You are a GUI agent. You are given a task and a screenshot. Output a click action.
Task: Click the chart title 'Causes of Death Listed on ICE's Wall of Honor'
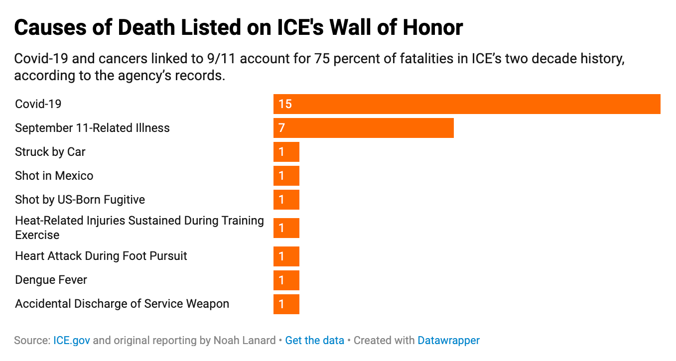(239, 28)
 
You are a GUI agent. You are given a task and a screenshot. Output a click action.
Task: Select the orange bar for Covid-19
(467, 104)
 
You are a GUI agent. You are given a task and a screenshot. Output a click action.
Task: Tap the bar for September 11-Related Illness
(364, 128)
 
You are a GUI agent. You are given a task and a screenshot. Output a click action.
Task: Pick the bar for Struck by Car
(286, 152)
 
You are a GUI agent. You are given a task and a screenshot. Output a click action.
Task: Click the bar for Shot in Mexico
(286, 176)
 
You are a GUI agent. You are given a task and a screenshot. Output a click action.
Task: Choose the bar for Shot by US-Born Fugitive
(286, 200)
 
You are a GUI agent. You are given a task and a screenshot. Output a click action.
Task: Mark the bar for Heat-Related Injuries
(286, 228)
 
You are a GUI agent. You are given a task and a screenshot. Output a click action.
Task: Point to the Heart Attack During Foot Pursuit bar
(286, 256)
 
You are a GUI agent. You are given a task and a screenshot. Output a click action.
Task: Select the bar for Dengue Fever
(286, 280)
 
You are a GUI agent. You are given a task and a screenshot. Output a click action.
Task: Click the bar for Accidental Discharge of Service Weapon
(286, 304)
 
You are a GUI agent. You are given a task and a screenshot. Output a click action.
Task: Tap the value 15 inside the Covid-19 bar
(285, 104)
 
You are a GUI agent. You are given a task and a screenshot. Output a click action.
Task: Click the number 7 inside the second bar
(281, 128)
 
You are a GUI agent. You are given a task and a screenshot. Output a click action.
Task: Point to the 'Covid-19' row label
(38, 104)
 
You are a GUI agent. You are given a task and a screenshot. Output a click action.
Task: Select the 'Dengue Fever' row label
(51, 280)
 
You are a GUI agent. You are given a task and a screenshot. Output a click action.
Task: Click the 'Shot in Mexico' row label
(54, 176)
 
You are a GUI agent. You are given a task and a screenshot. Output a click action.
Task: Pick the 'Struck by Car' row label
(50, 152)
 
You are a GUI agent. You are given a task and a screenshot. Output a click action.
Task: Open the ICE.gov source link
(72, 341)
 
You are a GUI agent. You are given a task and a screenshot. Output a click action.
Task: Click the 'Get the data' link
(315, 341)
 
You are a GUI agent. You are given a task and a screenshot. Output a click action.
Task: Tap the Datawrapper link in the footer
(448, 341)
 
